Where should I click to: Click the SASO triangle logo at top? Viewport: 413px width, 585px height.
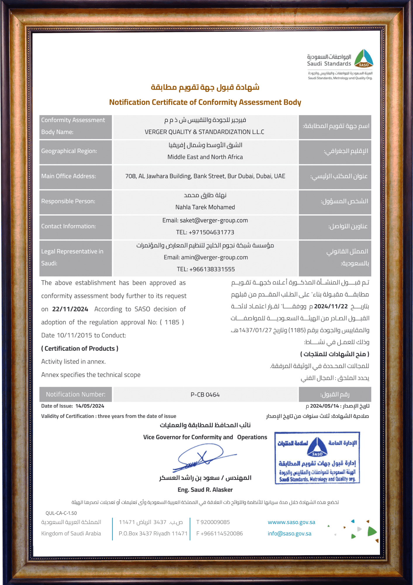click(364, 58)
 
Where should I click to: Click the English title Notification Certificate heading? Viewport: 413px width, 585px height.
click(205, 102)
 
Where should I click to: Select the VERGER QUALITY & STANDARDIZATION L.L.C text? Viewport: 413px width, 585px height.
click(204, 132)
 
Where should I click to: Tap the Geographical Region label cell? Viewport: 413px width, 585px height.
click(75, 151)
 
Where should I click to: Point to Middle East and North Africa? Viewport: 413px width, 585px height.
click(205, 157)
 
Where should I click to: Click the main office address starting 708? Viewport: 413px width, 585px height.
click(205, 176)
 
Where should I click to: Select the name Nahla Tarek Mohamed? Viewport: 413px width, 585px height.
click(205, 207)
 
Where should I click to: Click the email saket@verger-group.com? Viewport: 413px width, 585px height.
click(214, 221)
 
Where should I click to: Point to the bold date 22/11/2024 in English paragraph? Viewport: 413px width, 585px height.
click(70, 309)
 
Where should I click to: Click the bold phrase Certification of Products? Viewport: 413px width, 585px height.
click(80, 349)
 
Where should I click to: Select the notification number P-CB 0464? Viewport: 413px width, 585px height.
click(205, 395)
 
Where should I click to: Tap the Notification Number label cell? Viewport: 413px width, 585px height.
click(75, 395)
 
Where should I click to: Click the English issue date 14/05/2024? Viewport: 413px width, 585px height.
click(90, 406)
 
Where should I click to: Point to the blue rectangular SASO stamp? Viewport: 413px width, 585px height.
click(317, 458)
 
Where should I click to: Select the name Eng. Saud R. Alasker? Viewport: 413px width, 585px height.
click(205, 490)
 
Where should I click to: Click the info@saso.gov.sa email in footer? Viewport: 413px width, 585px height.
click(289, 534)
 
